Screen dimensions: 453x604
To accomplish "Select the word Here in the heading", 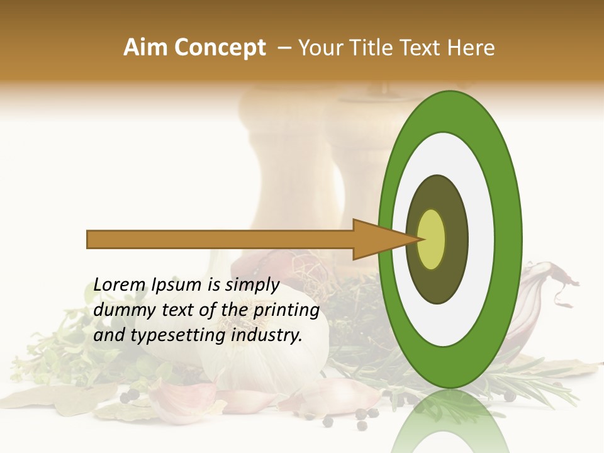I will point(471,48).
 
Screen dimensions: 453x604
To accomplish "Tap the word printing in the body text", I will point(286,310).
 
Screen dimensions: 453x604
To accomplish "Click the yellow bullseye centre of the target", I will point(432,239).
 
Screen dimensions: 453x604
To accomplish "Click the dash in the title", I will point(284,48).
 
